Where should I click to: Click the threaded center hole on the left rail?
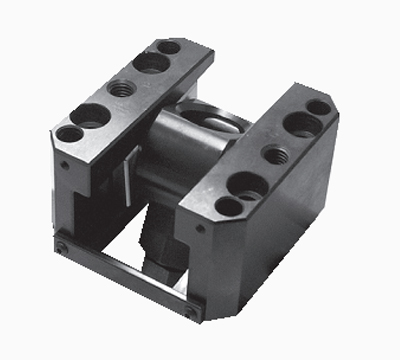pyautogui.click(x=122, y=88)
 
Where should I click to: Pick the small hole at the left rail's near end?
pyautogui.click(x=68, y=133)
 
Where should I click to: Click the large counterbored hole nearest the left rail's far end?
pyautogui.click(x=150, y=62)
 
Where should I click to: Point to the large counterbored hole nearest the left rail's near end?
pyautogui.click(x=89, y=115)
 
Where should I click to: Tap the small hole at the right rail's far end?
pyautogui.click(x=318, y=107)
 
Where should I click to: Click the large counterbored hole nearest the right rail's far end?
pyautogui.click(x=301, y=125)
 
